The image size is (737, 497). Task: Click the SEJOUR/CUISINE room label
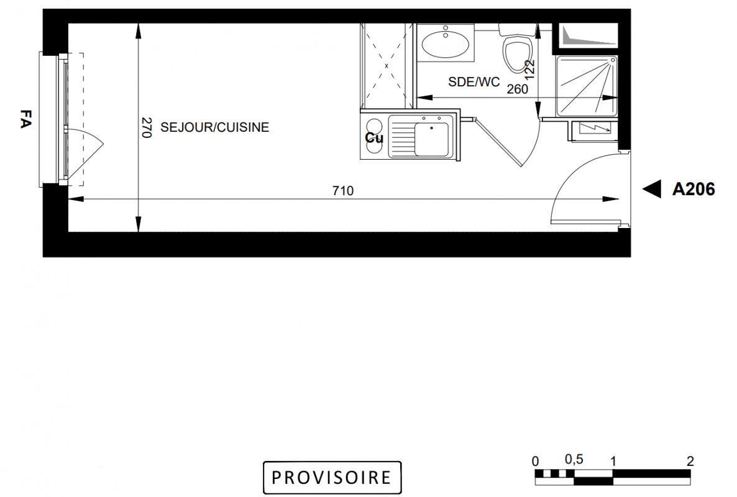pos(215,127)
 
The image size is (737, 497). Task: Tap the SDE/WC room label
pos(474,82)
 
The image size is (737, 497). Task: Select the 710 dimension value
pos(342,191)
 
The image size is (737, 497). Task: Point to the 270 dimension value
pos(147,128)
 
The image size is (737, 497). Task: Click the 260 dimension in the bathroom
pos(518,89)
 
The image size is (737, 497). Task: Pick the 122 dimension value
pos(529,69)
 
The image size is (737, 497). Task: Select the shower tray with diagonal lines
pos(587,86)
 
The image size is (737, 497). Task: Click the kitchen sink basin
pos(431,140)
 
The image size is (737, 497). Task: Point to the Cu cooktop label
pos(374,138)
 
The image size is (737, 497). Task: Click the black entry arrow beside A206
pos(652,189)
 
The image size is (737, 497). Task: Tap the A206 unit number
pos(694,189)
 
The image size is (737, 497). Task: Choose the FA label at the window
pos(25,119)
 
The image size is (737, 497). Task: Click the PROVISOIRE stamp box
pos(332,477)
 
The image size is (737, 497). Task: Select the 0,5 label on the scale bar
pos(574,459)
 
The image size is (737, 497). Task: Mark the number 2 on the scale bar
pos(690,461)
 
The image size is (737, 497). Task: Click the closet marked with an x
pos(387,66)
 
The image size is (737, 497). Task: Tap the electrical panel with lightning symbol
pos(595,128)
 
